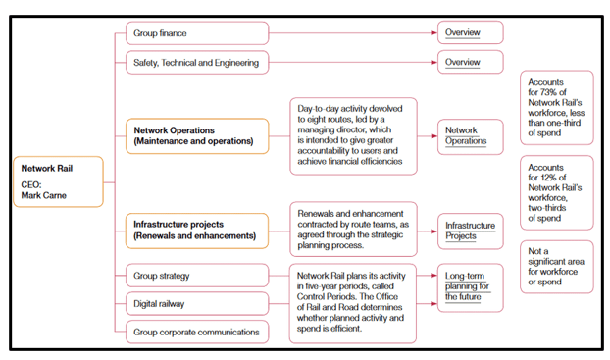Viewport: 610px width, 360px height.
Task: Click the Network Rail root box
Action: coord(57,181)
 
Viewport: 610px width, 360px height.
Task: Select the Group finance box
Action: coord(197,33)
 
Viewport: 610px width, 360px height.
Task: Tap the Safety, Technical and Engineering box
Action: coord(197,63)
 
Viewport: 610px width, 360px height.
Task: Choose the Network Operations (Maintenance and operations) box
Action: coord(197,135)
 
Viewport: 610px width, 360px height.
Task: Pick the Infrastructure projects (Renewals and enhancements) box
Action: coord(197,231)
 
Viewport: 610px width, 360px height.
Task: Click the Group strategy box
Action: coord(197,275)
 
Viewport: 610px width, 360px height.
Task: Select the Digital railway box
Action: coord(197,303)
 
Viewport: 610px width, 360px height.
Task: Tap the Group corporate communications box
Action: coord(197,332)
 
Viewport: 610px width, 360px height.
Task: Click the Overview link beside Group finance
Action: coord(462,33)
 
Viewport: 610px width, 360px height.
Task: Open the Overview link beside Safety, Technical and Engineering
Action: coord(462,63)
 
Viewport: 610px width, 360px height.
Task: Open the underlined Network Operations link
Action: coord(466,135)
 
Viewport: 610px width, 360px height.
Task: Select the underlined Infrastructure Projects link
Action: coord(470,231)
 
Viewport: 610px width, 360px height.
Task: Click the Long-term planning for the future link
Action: coord(470,284)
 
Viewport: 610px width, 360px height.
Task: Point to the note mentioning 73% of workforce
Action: coord(557,108)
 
